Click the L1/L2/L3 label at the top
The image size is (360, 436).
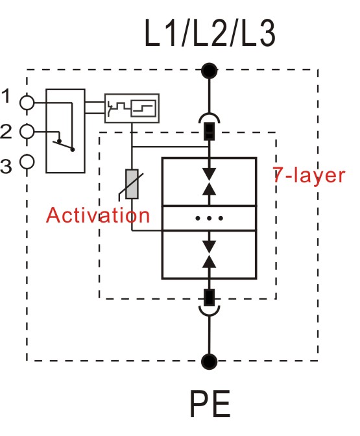[x=210, y=33]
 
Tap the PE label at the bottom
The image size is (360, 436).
[x=210, y=404]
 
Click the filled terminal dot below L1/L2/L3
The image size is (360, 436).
[x=209, y=71]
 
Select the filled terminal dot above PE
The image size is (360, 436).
[x=209, y=361]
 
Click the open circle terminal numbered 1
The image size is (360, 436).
[x=27, y=103]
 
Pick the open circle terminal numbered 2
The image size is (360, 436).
[x=27, y=132]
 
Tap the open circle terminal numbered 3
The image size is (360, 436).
[x=27, y=162]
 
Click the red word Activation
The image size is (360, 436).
[x=98, y=215]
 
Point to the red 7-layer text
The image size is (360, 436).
[x=309, y=175]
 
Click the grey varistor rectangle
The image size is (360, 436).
[x=132, y=184]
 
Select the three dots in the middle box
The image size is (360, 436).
[x=209, y=218]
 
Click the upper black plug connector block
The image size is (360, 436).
[x=210, y=131]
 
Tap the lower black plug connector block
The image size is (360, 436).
[x=209, y=298]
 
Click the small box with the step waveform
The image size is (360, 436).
[x=132, y=108]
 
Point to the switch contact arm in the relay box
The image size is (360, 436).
[x=64, y=145]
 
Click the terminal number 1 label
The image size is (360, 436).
[x=6, y=96]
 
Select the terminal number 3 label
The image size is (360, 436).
[x=6, y=166]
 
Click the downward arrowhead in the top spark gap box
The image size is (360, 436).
[x=209, y=175]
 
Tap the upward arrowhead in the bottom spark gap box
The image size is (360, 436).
[x=209, y=261]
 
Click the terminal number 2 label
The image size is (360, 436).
[x=6, y=131]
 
